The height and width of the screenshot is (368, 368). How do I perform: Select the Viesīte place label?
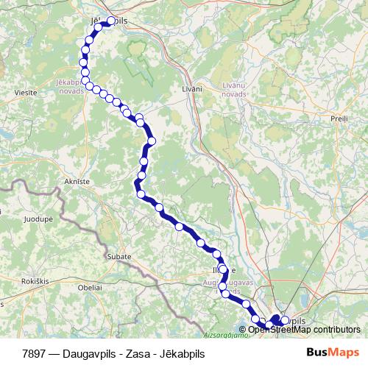(x=26, y=93)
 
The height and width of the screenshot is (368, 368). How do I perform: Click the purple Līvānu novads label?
(x=238, y=90)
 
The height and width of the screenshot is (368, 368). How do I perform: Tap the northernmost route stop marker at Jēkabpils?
(x=112, y=21)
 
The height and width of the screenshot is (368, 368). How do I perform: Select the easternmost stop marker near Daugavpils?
(x=285, y=320)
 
